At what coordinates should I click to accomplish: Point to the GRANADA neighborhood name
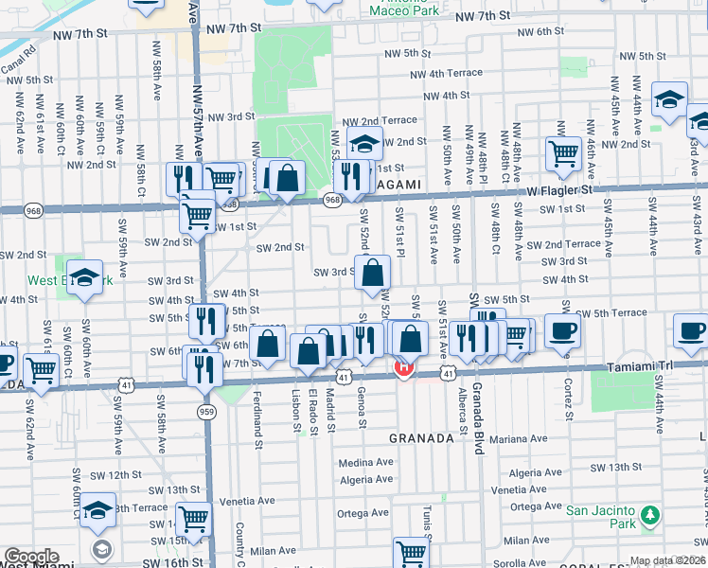click(x=422, y=438)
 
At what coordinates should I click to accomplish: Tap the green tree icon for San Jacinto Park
click(x=649, y=516)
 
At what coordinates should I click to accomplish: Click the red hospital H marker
click(x=404, y=367)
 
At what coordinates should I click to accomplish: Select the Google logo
click(x=31, y=557)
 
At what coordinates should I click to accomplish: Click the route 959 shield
click(x=206, y=411)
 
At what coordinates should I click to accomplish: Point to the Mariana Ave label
click(x=520, y=439)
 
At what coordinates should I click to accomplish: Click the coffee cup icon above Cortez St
click(x=562, y=332)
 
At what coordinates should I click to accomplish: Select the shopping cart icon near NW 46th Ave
click(x=563, y=153)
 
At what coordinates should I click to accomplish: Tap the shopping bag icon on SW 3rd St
click(x=374, y=273)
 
